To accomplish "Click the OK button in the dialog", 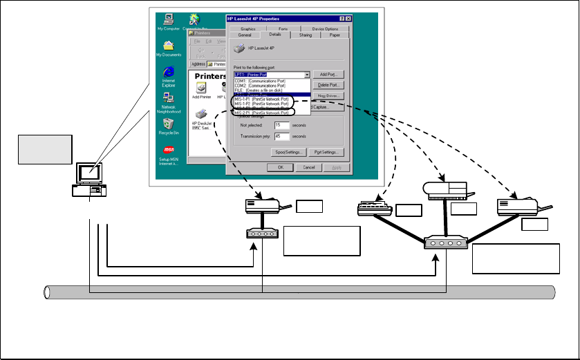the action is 280,167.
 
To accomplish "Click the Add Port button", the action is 328,74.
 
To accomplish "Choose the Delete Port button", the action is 328,85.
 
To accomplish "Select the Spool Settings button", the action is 288,152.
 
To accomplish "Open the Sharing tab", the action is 306,35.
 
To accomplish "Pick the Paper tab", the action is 335,35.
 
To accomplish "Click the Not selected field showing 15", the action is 281,125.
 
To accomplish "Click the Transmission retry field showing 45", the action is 281,136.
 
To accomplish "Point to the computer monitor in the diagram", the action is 90,172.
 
